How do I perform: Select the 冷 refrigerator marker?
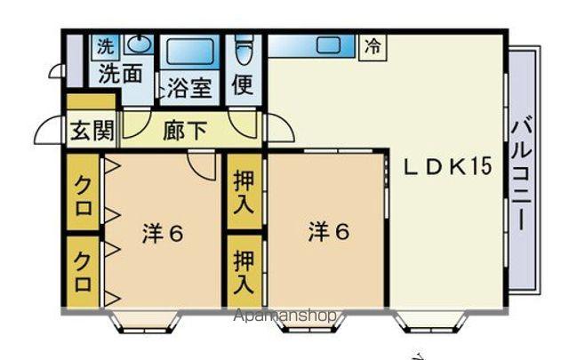click(x=373, y=47)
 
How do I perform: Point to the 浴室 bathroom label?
click(x=188, y=89)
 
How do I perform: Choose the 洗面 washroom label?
click(x=122, y=74)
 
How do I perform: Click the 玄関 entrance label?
click(x=92, y=132)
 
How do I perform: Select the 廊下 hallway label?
click(x=186, y=131)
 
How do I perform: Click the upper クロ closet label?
click(x=83, y=193)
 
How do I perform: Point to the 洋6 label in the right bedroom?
click(x=329, y=232)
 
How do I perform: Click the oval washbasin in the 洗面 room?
click(x=139, y=44)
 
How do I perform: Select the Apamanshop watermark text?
click(x=284, y=316)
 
